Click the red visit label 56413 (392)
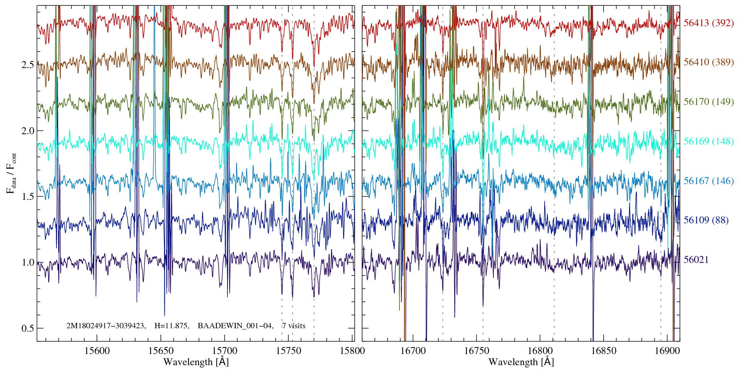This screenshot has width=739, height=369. click(708, 23)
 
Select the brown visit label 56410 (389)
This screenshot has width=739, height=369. click(708, 62)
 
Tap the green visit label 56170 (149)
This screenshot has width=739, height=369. click(708, 102)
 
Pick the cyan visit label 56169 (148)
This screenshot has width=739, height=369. click(708, 141)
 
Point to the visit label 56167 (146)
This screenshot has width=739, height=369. click(708, 181)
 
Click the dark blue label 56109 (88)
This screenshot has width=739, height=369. click(706, 220)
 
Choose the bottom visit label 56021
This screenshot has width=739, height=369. click(696, 260)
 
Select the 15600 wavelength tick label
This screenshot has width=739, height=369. click(97, 351)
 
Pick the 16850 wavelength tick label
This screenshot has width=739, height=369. click(603, 351)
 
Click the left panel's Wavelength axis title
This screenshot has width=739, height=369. click(196, 362)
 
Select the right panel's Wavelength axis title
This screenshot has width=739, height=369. click(521, 362)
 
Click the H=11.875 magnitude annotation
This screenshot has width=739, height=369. click(171, 326)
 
